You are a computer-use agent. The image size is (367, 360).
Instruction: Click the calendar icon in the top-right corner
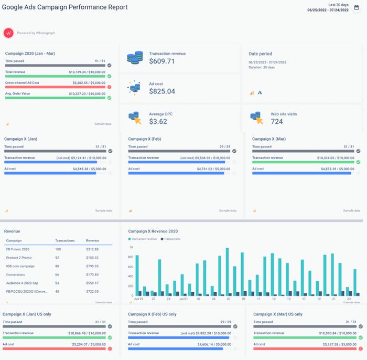point(357,8)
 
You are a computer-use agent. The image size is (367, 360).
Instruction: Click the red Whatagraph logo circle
point(8,33)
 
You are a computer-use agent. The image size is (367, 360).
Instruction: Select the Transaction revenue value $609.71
point(162,61)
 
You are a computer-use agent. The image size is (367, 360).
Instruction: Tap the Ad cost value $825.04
point(162,91)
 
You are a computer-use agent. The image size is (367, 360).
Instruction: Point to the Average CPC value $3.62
point(158,121)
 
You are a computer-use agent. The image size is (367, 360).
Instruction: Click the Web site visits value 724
point(277,121)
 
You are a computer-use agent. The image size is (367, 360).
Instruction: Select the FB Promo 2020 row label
point(18,249)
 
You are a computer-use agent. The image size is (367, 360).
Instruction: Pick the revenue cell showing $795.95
point(92,266)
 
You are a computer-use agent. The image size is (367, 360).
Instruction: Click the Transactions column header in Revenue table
point(65,240)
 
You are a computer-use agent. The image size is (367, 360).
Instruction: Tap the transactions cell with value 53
point(58,283)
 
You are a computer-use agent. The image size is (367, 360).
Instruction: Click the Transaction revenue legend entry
point(144,239)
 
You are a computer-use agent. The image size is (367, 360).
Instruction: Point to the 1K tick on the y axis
point(132,247)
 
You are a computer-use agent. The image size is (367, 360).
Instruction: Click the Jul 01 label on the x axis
point(183,298)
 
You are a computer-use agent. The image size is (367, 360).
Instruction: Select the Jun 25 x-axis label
point(138,298)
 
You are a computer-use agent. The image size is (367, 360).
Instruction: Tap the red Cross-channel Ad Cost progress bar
point(55,87)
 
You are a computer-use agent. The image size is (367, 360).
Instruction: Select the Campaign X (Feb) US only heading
point(152,314)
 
